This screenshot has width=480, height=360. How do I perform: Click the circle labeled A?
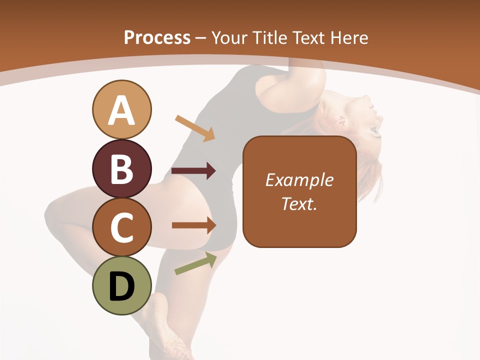point(121,109)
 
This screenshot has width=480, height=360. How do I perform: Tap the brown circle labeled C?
point(121,227)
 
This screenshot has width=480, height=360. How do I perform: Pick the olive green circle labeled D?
point(121,285)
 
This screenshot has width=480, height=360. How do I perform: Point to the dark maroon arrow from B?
point(193,171)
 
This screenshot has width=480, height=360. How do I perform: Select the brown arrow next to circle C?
point(194,225)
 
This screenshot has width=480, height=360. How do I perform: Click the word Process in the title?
point(157,37)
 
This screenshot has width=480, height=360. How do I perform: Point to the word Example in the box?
point(299,180)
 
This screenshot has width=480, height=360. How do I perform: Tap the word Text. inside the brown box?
point(299,203)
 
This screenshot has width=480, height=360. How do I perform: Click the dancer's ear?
point(343,120)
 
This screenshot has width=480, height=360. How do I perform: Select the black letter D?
point(121,286)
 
